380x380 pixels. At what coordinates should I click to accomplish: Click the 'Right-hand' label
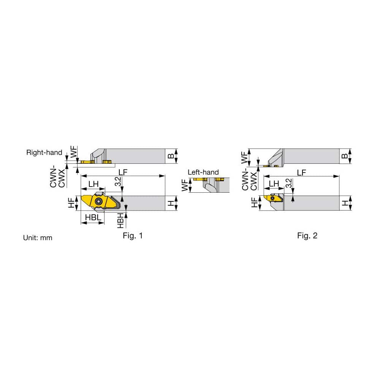(x=44, y=152)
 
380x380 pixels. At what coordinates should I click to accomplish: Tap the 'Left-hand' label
(x=203, y=172)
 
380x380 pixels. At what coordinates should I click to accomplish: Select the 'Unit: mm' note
(x=38, y=238)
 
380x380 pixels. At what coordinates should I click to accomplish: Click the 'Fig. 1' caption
(x=133, y=236)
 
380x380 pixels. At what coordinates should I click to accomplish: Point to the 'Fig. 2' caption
(x=307, y=236)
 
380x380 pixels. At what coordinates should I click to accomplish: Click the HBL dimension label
(x=92, y=217)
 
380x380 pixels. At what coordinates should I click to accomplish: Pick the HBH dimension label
(x=121, y=221)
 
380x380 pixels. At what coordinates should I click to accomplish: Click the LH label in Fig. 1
(x=93, y=184)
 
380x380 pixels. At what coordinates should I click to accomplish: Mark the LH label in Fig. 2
(x=274, y=184)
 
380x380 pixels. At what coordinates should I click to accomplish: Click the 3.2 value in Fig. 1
(x=119, y=182)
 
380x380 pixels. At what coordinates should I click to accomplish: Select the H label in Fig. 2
(x=345, y=203)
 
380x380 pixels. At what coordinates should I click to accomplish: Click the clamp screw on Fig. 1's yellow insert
(x=99, y=201)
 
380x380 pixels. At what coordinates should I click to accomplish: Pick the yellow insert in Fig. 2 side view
(x=272, y=198)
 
